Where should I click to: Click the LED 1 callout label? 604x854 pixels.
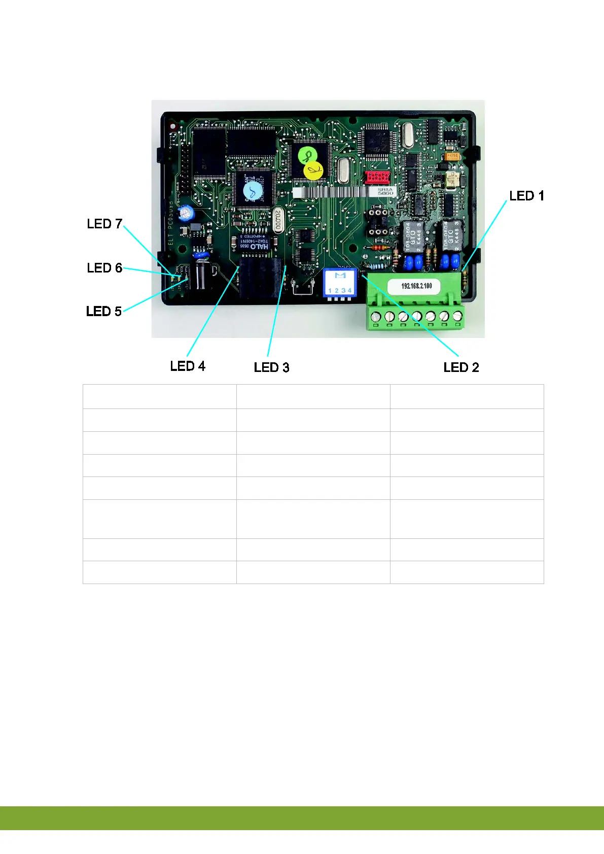point(526,196)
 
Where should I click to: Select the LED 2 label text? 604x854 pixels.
point(461,367)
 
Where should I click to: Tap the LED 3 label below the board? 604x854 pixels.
point(271,367)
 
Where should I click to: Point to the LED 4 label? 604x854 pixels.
point(188,366)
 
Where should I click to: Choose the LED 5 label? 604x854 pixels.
point(104,311)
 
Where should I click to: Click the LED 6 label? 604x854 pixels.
point(104,268)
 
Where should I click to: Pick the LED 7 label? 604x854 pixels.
point(104,224)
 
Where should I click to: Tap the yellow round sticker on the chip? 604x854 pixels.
point(313,171)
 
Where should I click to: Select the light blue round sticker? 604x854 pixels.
point(253,192)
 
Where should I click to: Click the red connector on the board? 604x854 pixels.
point(377,177)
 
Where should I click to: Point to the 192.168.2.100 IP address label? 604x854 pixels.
point(416,286)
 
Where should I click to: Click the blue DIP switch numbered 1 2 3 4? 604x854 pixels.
point(340,283)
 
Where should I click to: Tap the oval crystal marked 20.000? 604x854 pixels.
point(278,220)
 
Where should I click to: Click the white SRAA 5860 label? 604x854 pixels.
point(385,191)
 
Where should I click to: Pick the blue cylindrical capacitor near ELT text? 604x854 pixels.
point(188,212)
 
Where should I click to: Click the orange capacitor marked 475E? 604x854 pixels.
point(453,156)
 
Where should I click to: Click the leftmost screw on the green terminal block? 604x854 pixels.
point(376,317)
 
